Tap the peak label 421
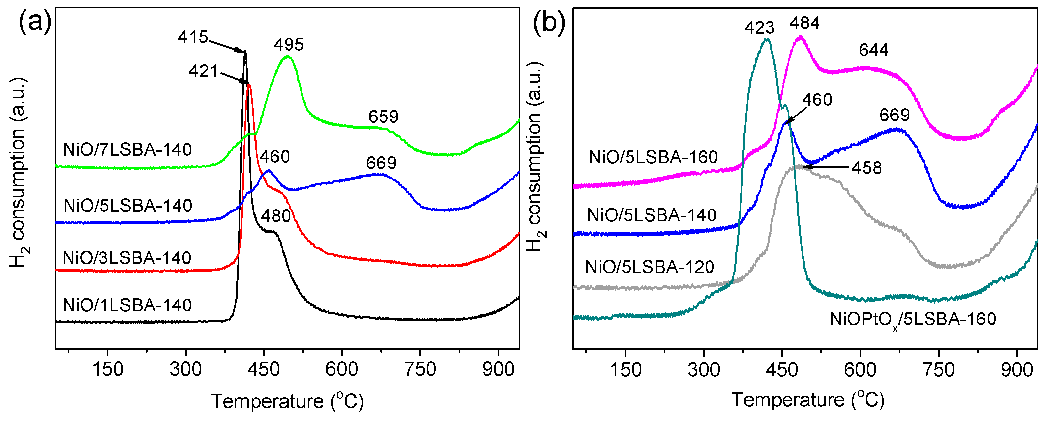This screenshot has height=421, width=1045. tap(204, 71)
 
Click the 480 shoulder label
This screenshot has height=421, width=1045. tap(276, 216)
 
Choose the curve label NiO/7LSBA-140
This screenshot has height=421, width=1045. tap(127, 150)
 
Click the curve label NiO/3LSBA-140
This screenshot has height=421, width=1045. tap(127, 258)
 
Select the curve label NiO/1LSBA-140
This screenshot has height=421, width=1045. tap(127, 305)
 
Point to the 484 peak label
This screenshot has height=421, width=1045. tap(804, 23)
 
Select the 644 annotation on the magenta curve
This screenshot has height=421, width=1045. tap(874, 50)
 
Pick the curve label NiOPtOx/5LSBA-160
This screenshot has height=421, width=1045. tap(913, 320)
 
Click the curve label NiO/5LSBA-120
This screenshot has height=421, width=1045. tap(649, 267)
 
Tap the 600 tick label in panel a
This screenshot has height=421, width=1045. tap(342, 369)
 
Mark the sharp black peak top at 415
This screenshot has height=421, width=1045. tap(245, 52)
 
